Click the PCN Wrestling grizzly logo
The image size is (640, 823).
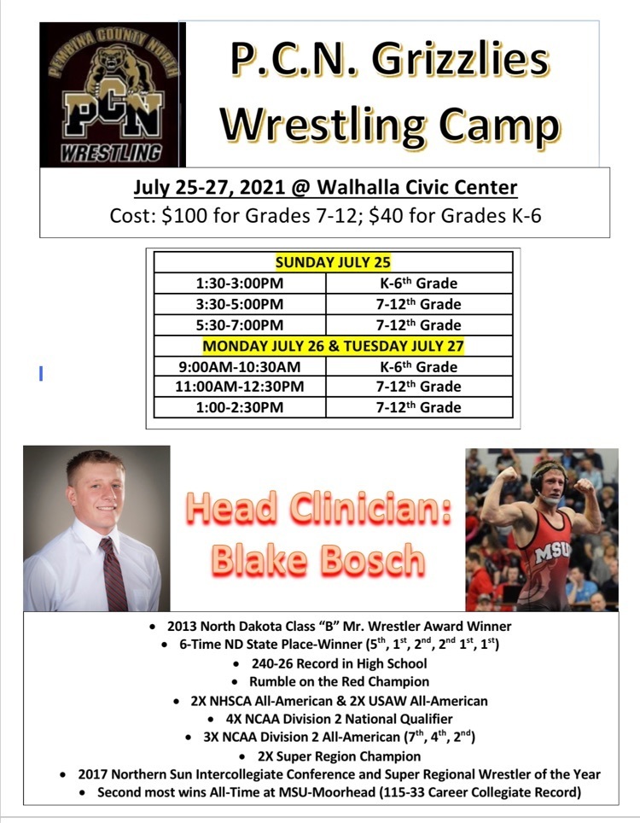click(x=113, y=95)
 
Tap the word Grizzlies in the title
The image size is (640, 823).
click(x=460, y=61)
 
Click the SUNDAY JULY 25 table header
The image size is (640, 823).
click(x=333, y=262)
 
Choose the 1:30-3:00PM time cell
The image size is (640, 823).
click(x=240, y=283)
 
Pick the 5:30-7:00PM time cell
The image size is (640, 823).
click(x=240, y=325)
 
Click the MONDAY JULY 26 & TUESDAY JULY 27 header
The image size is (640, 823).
click(x=333, y=346)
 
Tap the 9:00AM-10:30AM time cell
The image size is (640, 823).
click(x=240, y=366)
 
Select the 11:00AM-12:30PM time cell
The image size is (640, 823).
click(x=240, y=387)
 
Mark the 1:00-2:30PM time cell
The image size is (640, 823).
click(x=240, y=407)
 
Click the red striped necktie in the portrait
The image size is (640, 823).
click(x=113, y=575)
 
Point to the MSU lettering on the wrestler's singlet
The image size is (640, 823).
click(x=552, y=552)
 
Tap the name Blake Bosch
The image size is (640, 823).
click(x=318, y=559)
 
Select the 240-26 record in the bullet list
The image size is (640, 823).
click(x=271, y=663)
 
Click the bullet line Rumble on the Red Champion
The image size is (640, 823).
click(x=339, y=682)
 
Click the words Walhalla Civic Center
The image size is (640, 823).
click(x=417, y=187)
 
